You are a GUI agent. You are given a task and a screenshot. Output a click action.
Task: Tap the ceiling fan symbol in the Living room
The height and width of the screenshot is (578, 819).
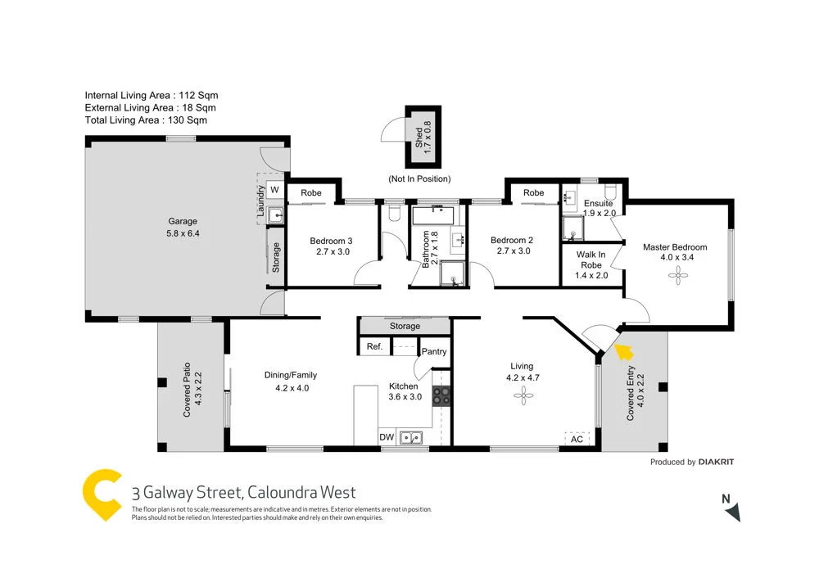pos(522,396)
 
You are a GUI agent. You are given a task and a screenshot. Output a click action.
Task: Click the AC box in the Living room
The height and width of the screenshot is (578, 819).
pos(577,439)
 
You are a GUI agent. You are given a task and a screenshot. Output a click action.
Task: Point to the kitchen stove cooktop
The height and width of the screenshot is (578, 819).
pos(441,395)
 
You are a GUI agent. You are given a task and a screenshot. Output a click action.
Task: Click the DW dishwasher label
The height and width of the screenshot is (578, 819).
pos(387,438)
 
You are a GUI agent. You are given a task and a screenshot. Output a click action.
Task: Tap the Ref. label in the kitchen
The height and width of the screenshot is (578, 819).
pos(374,347)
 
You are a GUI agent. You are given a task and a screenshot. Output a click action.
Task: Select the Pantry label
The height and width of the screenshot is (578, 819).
pos(434,352)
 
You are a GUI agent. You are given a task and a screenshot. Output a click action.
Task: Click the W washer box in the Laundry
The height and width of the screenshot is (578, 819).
pos(274,190)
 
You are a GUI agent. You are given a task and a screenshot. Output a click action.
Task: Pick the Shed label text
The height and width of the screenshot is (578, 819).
pos(419,136)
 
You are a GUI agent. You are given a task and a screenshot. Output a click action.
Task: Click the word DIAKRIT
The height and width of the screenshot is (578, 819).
pos(717,463)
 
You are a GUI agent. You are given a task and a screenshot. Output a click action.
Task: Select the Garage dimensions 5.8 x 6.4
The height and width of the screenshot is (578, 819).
pos(183,233)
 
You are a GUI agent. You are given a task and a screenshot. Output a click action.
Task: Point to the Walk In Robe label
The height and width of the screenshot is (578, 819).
pos(591,260)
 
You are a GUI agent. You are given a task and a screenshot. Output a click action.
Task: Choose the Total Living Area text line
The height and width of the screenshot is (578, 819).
pos(146,120)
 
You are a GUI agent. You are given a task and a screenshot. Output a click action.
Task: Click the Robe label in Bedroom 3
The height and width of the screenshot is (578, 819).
pos(310,193)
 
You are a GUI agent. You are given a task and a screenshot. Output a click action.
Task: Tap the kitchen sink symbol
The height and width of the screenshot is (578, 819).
pos(409,436)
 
